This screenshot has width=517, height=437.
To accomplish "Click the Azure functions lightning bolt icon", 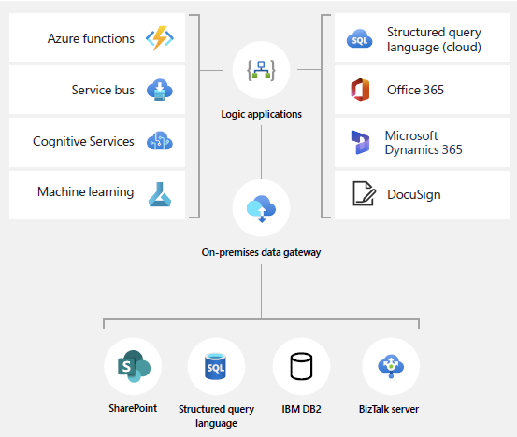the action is tap(160, 38).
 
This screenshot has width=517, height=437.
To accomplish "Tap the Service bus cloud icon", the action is tap(160, 90).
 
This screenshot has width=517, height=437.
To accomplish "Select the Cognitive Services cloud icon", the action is tap(160, 141).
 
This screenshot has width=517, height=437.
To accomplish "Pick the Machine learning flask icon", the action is tap(160, 194).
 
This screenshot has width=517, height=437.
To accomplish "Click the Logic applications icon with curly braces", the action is tap(261, 70).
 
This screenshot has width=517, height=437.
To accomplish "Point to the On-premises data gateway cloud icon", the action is tap(261, 209).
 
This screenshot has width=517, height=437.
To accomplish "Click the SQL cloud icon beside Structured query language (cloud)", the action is tap(359, 38).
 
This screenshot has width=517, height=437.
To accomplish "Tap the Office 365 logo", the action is tap(360, 90).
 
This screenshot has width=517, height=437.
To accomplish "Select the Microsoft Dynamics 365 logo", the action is tap(360, 142).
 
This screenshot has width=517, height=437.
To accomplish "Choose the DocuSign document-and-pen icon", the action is tap(364, 193).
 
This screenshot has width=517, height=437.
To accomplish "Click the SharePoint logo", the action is tap(134, 366).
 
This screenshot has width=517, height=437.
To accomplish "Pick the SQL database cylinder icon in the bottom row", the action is tap(215, 366).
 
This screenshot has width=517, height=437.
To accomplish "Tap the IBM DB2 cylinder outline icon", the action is tap(301, 366).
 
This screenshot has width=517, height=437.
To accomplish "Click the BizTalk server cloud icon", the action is tap(391, 366).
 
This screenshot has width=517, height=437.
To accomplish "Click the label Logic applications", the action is tap(261, 114).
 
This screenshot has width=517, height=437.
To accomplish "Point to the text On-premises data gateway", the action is tap(261, 253).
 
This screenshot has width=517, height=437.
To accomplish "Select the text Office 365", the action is tap(415, 90).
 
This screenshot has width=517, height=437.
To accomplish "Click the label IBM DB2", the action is tap(301, 409).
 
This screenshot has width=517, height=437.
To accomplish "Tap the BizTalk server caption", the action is tap(389, 409).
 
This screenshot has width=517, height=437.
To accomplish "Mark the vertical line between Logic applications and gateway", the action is tap(262, 152).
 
